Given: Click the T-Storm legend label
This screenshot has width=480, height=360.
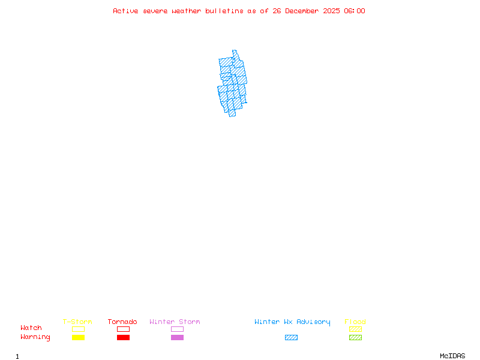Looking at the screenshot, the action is click(x=77, y=322).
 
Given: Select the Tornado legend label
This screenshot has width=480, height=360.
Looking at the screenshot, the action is click(x=122, y=322).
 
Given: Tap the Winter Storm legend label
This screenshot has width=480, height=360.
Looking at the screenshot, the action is click(x=175, y=322).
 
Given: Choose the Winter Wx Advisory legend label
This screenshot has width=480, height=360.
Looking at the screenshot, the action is click(x=292, y=322).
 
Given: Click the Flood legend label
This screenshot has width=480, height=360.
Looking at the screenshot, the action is click(x=355, y=322).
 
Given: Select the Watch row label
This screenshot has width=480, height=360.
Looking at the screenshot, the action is click(x=31, y=328).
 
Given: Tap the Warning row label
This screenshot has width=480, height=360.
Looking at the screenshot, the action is click(x=35, y=337).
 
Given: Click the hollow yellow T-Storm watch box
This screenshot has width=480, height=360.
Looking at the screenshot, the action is click(x=78, y=329).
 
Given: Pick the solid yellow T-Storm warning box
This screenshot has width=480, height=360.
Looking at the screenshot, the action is click(x=78, y=337).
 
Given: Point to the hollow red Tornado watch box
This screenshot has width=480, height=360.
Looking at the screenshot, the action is click(x=123, y=329).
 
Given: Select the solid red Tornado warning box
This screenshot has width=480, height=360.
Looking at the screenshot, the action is click(x=123, y=337).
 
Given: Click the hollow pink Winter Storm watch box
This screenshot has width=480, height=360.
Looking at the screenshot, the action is click(x=177, y=329).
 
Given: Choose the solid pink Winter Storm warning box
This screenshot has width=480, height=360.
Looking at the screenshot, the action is click(x=177, y=337).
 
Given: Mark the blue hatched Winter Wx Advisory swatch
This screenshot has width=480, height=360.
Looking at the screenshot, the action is click(x=291, y=337).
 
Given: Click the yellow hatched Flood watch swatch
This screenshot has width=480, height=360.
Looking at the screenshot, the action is click(x=355, y=329).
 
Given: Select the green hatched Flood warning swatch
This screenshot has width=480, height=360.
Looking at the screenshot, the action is click(x=355, y=337).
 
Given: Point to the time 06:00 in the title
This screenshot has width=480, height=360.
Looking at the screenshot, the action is click(x=354, y=11).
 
